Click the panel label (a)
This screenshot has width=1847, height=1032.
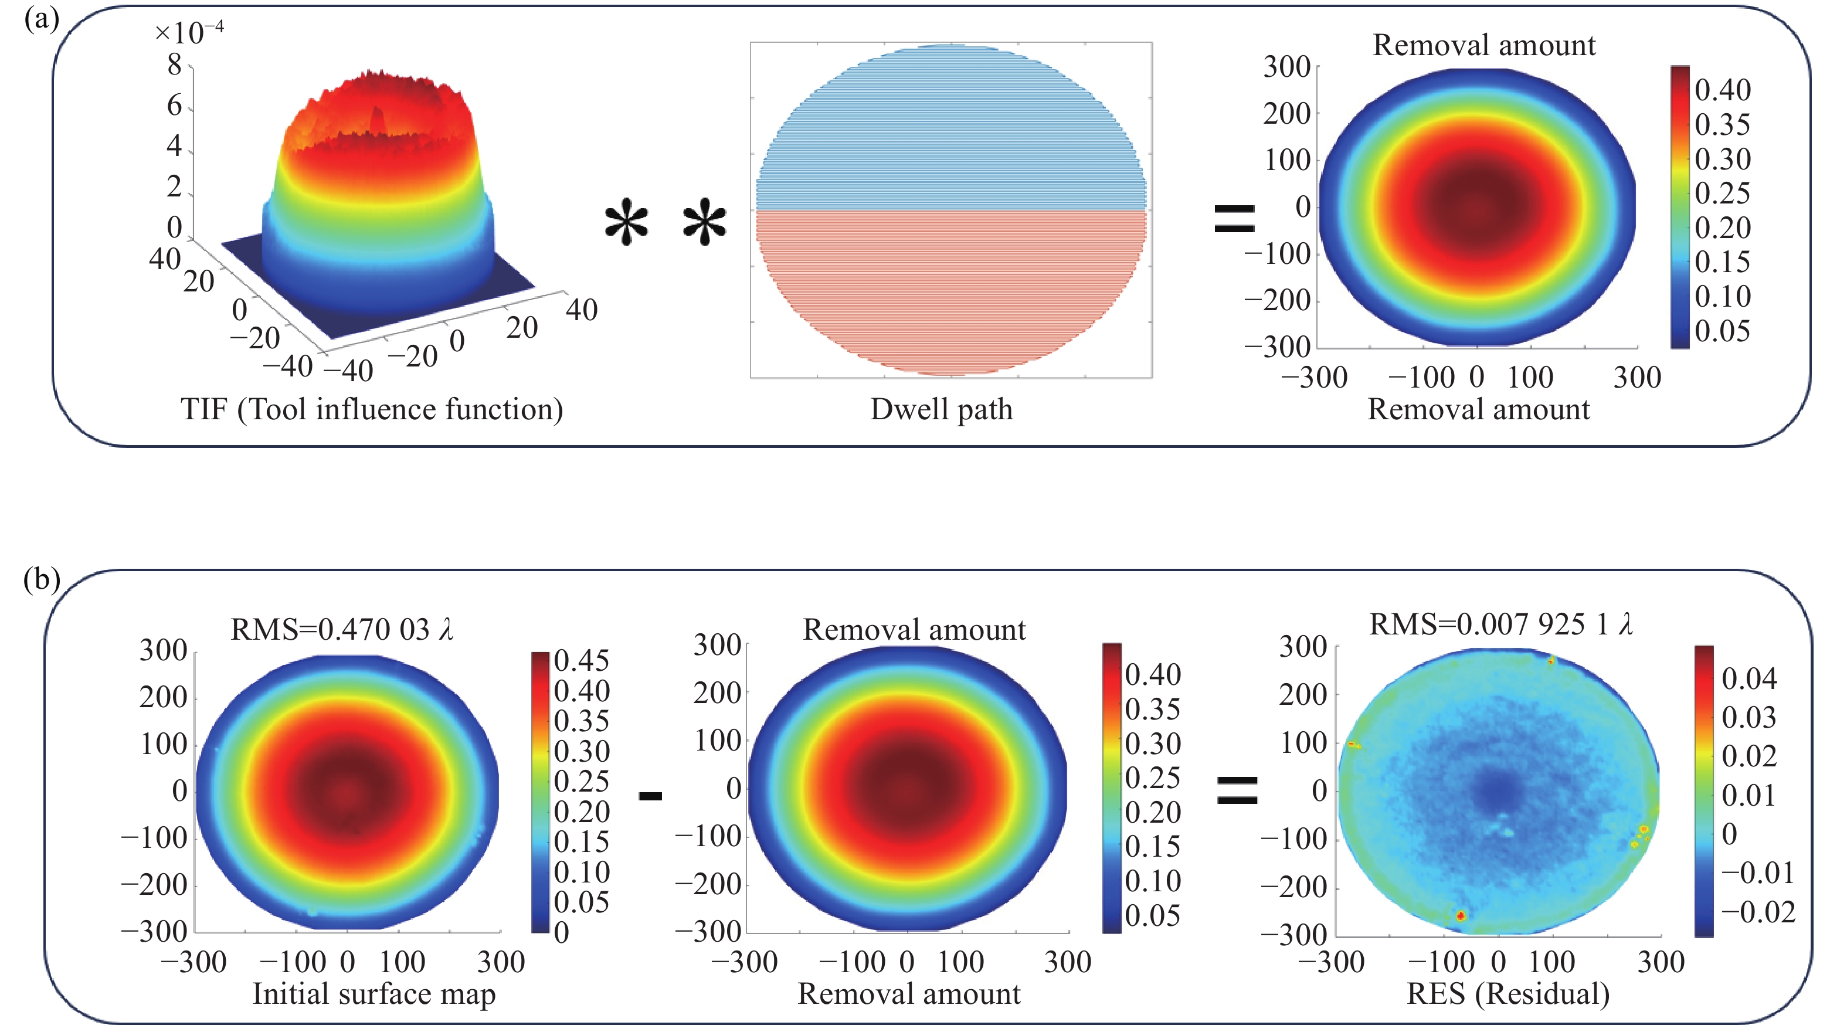click(41, 19)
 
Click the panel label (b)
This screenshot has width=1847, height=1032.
click(41, 579)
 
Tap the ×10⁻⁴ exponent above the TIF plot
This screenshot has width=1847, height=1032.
click(189, 32)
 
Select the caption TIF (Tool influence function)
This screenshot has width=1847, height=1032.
click(371, 409)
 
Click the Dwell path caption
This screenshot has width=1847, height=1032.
click(942, 409)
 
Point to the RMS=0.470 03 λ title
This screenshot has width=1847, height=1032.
click(342, 629)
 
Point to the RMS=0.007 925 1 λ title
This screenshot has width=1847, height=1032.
click(1500, 624)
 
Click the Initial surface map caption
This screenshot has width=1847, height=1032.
click(374, 994)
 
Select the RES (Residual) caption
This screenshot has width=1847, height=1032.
click(1508, 994)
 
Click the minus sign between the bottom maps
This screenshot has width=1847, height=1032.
click(650, 795)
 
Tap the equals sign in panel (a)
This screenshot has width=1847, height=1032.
click(1234, 218)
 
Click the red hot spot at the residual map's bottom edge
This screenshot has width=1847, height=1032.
click(1461, 915)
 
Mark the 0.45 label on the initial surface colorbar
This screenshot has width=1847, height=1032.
click(582, 660)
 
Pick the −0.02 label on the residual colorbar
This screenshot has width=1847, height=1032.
click(1758, 912)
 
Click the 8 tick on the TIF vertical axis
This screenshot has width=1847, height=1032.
click(174, 66)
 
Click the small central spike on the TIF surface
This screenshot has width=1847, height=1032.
click(377, 120)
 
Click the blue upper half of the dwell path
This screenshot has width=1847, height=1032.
click(950, 129)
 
